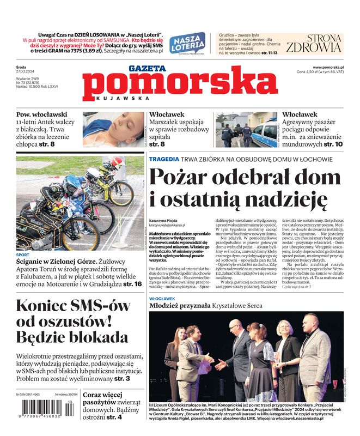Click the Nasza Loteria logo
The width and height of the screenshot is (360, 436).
187,42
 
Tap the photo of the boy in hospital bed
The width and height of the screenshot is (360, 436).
113,130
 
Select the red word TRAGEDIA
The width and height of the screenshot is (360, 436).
164,159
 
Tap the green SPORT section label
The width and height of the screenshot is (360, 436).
23,255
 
